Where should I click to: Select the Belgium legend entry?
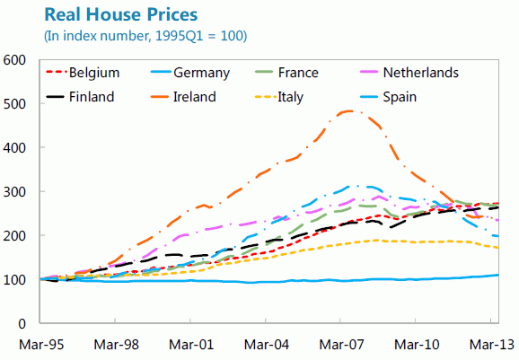(x=94, y=73)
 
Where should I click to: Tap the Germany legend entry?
(x=203, y=73)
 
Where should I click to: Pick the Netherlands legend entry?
(x=420, y=73)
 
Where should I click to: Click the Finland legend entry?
(x=91, y=96)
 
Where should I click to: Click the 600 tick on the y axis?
(x=15, y=60)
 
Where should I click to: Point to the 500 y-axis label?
(x=15, y=104)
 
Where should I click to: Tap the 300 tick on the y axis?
(x=15, y=192)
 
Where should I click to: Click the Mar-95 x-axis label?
(x=38, y=343)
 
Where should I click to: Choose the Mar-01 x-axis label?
(x=190, y=343)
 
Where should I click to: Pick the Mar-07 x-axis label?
(x=341, y=343)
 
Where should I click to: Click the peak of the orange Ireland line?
(x=347, y=111)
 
